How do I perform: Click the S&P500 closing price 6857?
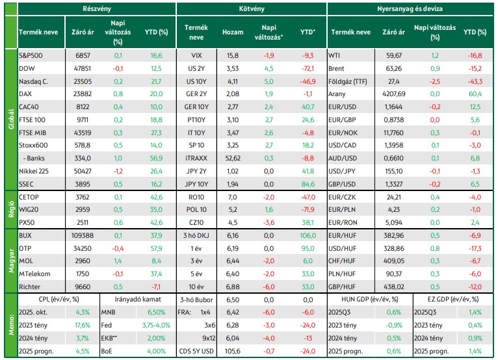[83, 55]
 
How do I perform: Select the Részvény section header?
[97, 8]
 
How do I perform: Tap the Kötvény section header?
[252, 8]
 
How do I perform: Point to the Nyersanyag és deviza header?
[410, 8]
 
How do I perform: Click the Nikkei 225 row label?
[34, 171]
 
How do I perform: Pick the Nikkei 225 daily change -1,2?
[118, 171]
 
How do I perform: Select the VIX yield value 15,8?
[233, 55]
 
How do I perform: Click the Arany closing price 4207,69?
[394, 94]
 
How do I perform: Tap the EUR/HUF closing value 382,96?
[394, 235]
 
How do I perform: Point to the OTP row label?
[25, 248]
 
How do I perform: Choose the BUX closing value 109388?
[83, 235]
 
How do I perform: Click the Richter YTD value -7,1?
[156, 287]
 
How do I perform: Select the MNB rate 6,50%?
[156, 312]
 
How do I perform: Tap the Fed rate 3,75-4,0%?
[156, 325]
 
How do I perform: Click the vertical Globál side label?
[11, 119]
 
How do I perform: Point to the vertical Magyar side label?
[11, 261]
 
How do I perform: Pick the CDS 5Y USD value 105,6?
[233, 351]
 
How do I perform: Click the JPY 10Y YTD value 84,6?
[308, 184]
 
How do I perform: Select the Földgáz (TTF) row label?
[347, 82]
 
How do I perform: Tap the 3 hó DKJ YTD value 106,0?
[308, 235]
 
